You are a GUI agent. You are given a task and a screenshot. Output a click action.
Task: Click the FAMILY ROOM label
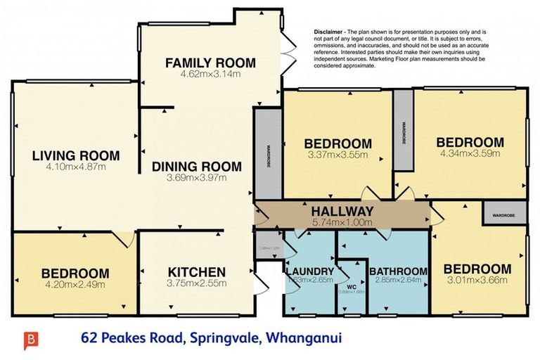click(x=210, y=63)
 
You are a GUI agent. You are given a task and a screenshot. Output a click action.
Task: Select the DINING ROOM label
click(x=197, y=167)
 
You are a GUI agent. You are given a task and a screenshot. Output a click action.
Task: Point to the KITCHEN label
click(x=197, y=272)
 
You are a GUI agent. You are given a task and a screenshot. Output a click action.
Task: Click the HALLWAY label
click(x=342, y=212)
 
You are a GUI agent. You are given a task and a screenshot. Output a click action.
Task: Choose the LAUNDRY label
click(x=309, y=271)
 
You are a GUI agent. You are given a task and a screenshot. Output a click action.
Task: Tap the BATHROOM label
click(x=398, y=271)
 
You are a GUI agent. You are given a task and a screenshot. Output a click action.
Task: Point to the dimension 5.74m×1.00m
click(x=342, y=222)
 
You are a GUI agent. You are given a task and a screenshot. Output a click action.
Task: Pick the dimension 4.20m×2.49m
click(x=75, y=285)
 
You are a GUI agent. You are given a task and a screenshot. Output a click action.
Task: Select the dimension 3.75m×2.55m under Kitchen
click(x=197, y=283)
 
